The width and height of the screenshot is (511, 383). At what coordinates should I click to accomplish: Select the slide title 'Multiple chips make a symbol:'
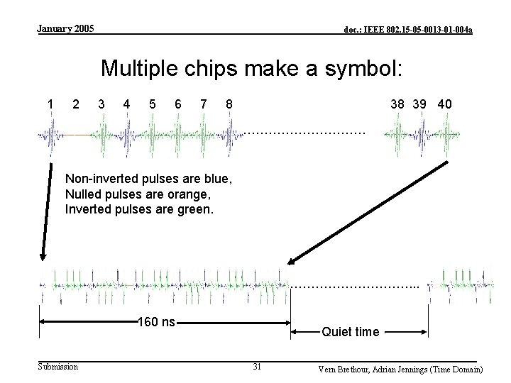[252, 68]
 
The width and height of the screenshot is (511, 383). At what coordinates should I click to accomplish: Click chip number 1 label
[50, 104]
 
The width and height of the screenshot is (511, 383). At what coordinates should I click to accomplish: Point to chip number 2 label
[76, 104]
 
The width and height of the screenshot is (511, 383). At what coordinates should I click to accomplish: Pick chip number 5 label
[153, 104]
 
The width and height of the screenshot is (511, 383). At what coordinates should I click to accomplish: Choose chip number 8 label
[229, 104]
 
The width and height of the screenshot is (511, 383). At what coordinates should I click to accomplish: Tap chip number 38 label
[398, 104]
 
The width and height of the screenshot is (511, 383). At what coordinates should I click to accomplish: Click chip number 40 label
[445, 104]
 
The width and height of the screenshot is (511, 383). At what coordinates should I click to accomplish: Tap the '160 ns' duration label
[156, 323]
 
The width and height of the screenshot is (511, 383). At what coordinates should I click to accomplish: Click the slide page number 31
[258, 367]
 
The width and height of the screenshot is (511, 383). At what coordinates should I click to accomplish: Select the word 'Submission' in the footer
[58, 366]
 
